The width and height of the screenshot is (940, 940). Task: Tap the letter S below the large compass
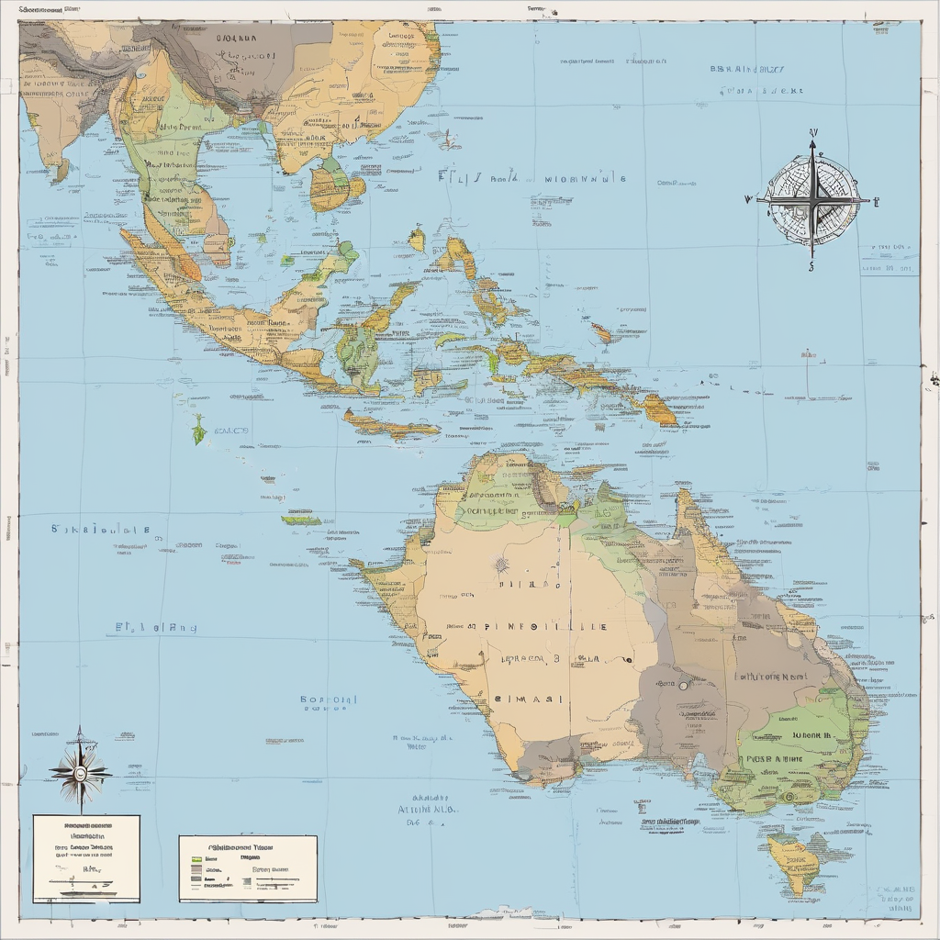(x=811, y=268)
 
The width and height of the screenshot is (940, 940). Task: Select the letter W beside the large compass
(x=748, y=197)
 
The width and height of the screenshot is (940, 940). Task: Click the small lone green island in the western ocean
(x=197, y=430)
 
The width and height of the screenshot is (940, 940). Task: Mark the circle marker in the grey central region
(x=683, y=685)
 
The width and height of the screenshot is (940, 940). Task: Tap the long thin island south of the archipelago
(x=390, y=425)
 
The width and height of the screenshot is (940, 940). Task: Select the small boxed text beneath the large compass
(x=889, y=259)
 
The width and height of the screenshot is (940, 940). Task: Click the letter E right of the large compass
(x=876, y=198)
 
